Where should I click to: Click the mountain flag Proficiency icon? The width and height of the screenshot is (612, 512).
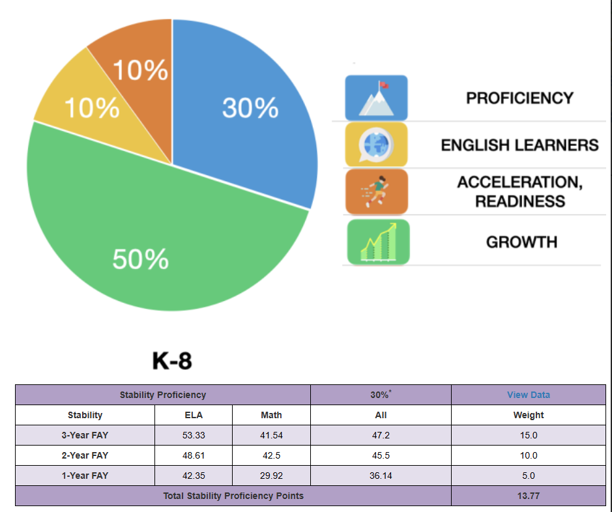376,98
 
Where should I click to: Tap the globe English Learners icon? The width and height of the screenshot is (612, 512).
376,145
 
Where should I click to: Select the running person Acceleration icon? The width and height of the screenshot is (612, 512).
377,192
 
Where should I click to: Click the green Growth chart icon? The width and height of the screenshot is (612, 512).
378,242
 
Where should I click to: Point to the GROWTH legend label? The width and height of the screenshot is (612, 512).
521,242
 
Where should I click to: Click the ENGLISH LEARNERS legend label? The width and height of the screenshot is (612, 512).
519,145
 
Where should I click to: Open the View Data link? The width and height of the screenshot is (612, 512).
529,395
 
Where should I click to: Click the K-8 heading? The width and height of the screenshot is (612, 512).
172,361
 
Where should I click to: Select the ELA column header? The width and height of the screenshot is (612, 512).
194,415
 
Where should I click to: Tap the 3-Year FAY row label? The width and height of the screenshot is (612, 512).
85,435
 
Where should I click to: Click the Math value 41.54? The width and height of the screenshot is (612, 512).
271,435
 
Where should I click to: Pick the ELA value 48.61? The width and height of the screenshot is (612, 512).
194,455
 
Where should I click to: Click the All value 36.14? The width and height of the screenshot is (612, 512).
381,476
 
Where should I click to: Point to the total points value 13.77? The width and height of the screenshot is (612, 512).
529,496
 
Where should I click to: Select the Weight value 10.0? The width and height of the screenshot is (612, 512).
529,455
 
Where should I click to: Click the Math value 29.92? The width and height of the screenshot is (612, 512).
271,476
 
